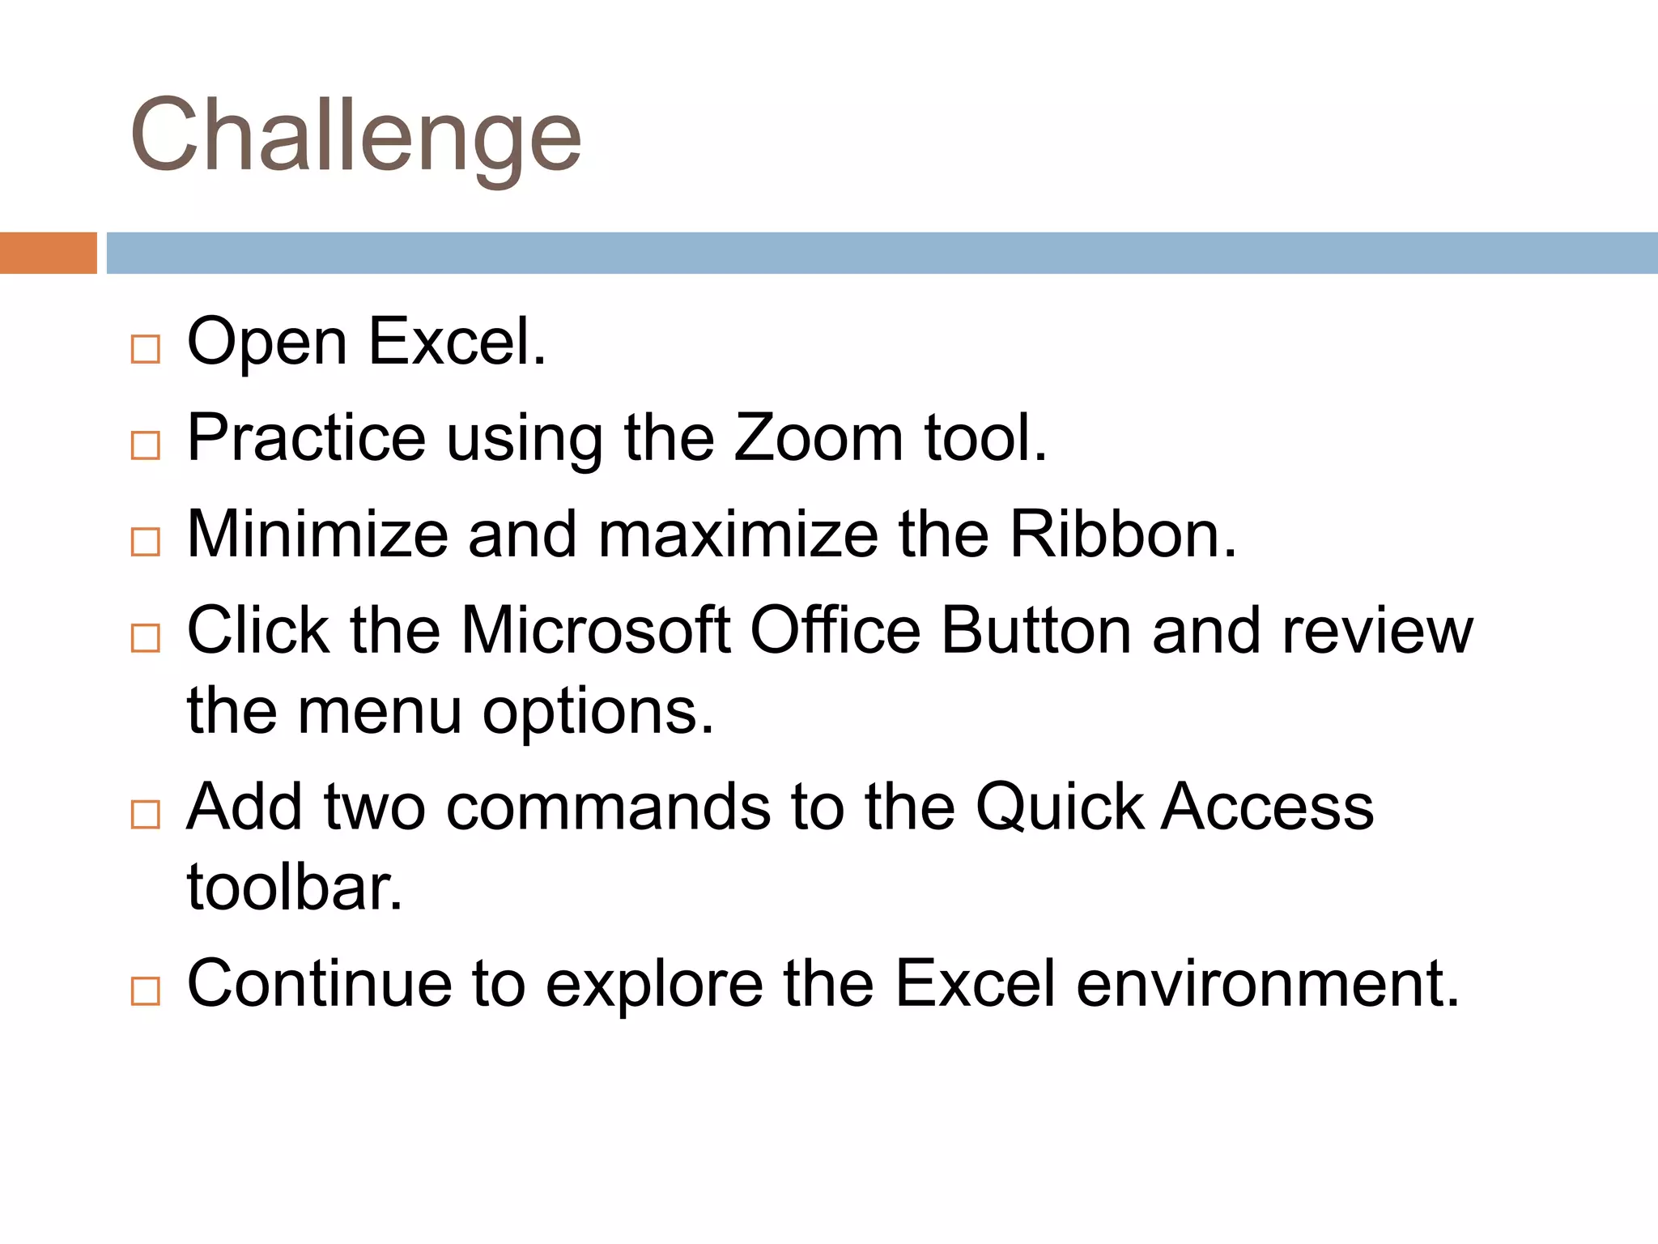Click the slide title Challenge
click(x=356, y=136)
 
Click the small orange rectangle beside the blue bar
click(x=48, y=253)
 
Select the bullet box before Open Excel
click(x=146, y=349)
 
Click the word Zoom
click(x=818, y=438)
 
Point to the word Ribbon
click(x=1123, y=535)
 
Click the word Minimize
click(x=317, y=535)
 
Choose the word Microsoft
click(x=596, y=630)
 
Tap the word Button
click(x=1035, y=630)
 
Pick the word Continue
click(x=319, y=984)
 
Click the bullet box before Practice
click(x=146, y=445)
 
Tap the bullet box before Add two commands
click(x=146, y=814)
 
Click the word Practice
click(x=306, y=438)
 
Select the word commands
click(x=608, y=807)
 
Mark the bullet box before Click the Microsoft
click(x=146, y=638)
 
